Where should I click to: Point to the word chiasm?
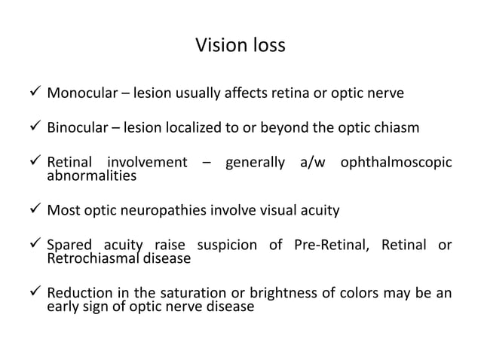[397, 127]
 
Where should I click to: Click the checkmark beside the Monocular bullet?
[32, 94]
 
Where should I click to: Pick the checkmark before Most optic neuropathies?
[32, 210]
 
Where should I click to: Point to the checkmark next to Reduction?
[32, 293]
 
